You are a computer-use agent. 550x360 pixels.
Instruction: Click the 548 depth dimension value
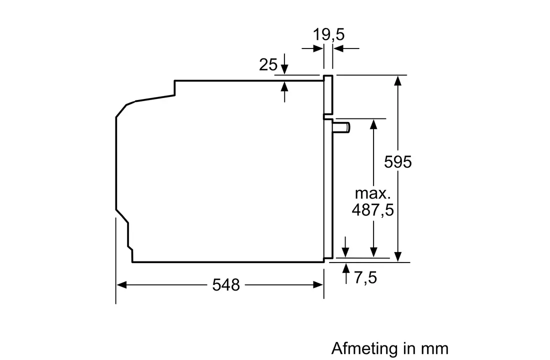click(226, 285)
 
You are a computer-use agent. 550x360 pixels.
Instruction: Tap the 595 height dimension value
click(398, 162)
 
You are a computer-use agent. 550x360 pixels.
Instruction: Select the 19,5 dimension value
click(328, 34)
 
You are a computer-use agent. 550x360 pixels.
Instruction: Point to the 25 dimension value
click(268, 64)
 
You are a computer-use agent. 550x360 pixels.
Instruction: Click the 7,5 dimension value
click(365, 277)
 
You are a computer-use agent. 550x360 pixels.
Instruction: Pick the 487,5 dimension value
click(373, 210)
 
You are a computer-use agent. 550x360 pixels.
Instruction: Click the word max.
click(372, 193)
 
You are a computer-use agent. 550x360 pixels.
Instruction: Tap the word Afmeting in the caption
click(365, 349)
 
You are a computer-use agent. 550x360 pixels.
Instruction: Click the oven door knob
click(341, 127)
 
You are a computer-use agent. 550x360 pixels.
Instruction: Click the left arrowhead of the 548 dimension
click(121, 285)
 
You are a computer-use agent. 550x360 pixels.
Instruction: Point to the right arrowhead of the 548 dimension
click(318, 285)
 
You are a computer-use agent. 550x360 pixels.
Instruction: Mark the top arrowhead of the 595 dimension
click(398, 80)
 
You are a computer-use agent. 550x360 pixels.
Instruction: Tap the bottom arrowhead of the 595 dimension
click(398, 256)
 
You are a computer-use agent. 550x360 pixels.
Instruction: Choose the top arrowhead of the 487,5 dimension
click(373, 124)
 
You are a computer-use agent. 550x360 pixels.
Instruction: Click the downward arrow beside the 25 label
click(284, 64)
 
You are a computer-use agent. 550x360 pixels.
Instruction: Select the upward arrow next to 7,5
click(346, 273)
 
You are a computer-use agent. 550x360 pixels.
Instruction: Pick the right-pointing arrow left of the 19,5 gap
click(312, 48)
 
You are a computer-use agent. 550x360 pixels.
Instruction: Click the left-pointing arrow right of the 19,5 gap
click(346, 48)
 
